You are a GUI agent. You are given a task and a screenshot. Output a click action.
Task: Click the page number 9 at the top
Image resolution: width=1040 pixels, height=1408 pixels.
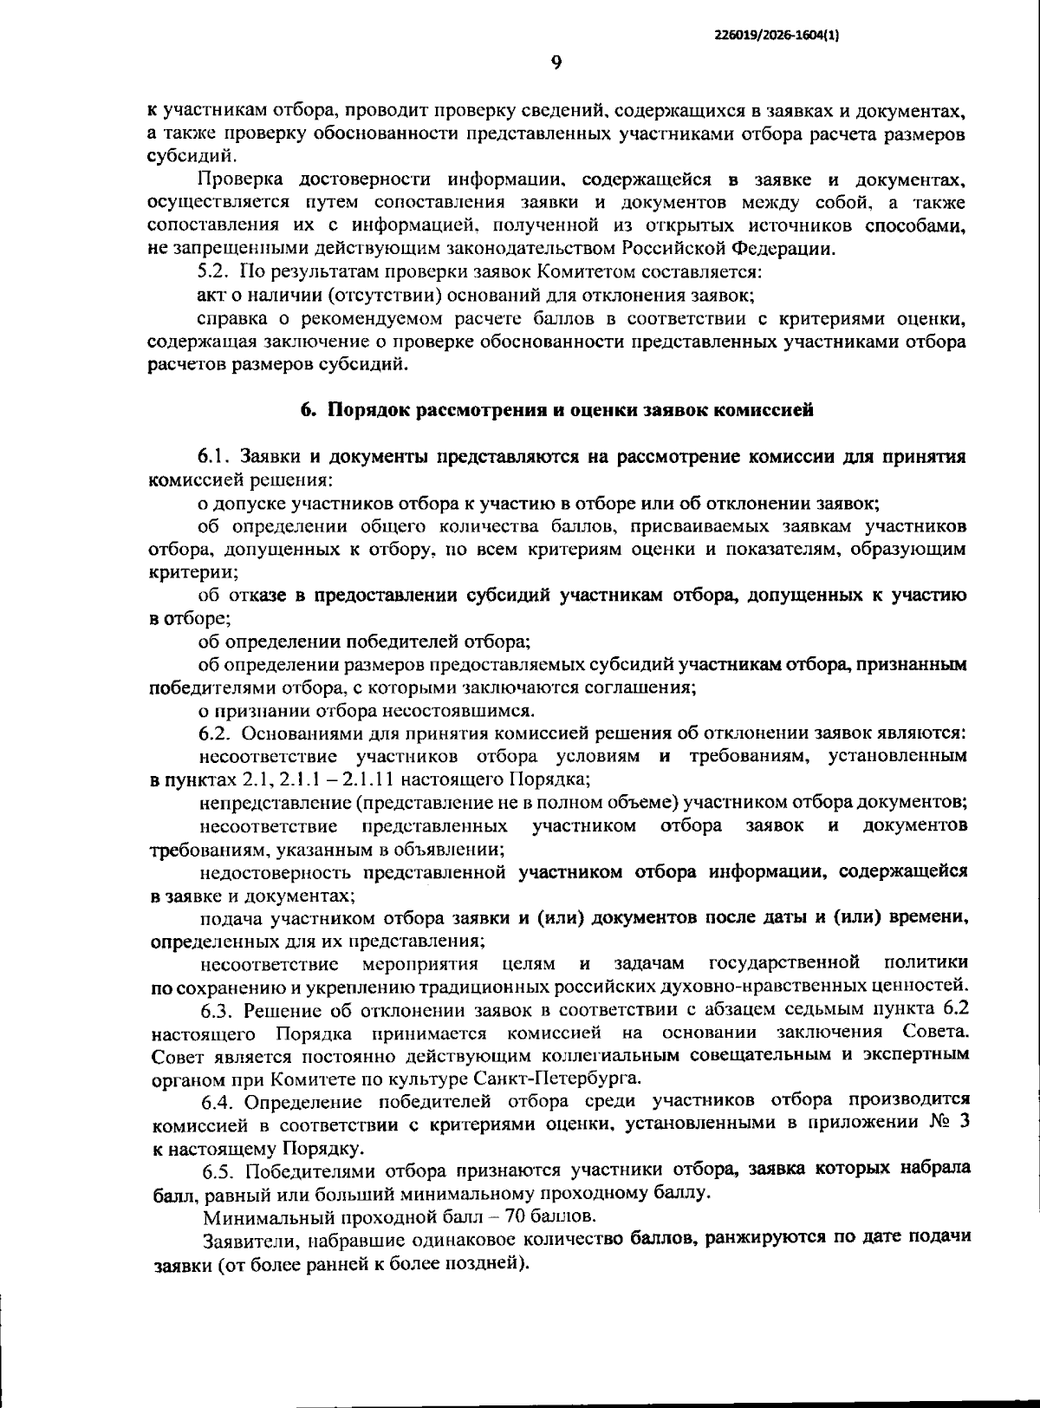click(556, 62)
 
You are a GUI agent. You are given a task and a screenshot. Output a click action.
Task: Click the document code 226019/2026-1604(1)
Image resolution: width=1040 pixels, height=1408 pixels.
click(777, 35)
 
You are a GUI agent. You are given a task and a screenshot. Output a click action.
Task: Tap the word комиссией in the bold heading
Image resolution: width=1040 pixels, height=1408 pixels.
click(763, 411)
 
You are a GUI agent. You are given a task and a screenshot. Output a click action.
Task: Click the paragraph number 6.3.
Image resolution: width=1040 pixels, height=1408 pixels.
click(218, 1010)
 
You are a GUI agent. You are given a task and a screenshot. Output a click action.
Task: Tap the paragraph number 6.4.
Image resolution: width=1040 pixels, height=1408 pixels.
click(218, 1102)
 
